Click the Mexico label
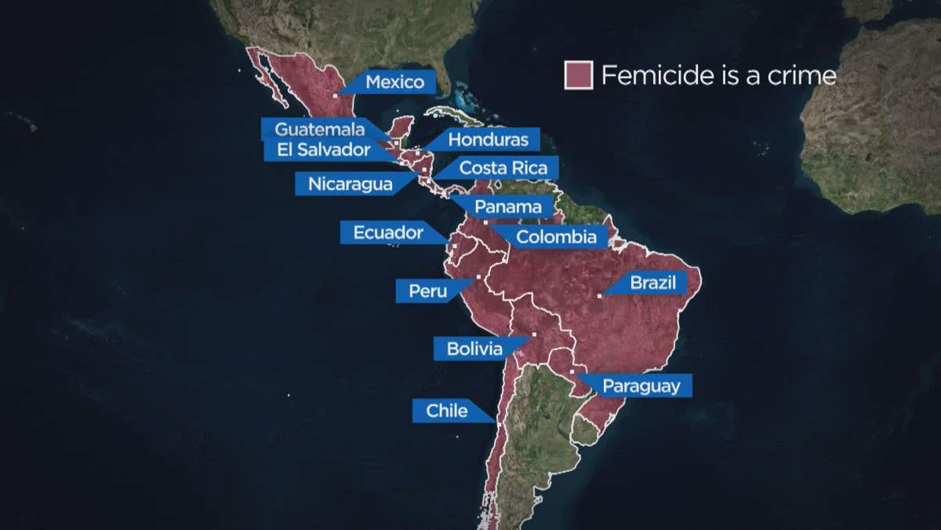394,82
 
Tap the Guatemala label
319,130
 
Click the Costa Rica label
497,168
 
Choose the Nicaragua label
350,185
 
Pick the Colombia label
557,236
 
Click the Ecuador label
388,232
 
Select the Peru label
427,291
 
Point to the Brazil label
652,283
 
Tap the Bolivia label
474,349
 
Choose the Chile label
446,411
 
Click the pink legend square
578,75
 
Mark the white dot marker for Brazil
599,296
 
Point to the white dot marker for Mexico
335,96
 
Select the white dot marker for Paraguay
572,371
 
